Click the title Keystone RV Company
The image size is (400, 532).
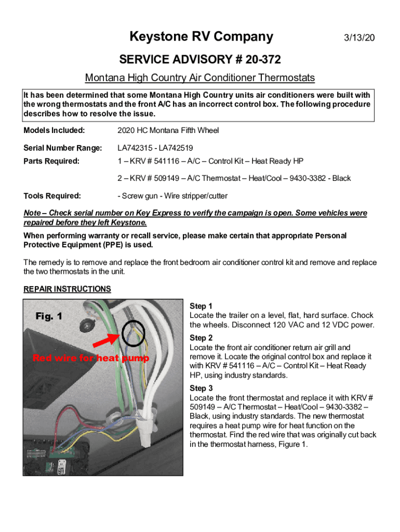point(201,37)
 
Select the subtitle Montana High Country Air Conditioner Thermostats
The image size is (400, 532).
point(200,78)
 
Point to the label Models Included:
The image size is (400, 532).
point(54,130)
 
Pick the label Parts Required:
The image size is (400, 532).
point(51,161)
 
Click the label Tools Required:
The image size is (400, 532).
point(52,196)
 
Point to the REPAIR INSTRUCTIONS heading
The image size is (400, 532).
point(67,289)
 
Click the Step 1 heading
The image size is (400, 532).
point(201,307)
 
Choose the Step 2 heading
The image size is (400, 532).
point(201,338)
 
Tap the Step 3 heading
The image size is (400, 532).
point(201,388)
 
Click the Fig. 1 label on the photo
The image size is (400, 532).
point(49,316)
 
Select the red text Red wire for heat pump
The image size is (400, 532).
point(90,358)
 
